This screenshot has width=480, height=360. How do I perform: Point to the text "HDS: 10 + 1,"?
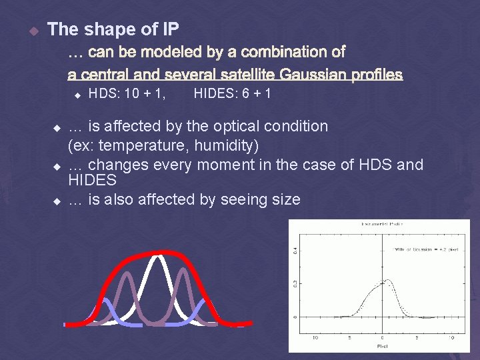(x=127, y=94)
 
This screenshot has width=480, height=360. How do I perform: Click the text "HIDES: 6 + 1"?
(x=232, y=94)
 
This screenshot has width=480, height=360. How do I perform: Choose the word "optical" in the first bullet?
(x=235, y=126)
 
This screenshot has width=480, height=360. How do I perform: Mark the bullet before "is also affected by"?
(x=57, y=200)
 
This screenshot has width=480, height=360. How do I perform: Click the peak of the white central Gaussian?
(x=158, y=255)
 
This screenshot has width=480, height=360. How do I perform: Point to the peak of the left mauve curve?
(x=125, y=274)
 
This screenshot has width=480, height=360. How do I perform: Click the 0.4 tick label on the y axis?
(x=295, y=251)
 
